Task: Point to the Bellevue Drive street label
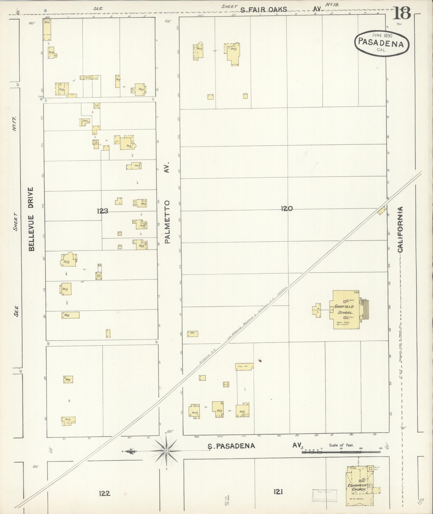(x=31, y=219)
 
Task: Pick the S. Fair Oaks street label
(x=264, y=10)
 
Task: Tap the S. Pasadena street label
(x=231, y=446)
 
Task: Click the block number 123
(x=103, y=211)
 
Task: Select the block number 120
(x=287, y=208)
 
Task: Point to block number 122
(x=104, y=493)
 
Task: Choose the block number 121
(x=278, y=492)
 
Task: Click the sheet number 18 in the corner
(x=402, y=13)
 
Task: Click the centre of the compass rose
(x=166, y=451)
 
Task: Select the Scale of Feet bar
(x=341, y=452)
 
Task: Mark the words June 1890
(x=382, y=35)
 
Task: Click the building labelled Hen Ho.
(x=244, y=366)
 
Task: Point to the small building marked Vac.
(x=192, y=333)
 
